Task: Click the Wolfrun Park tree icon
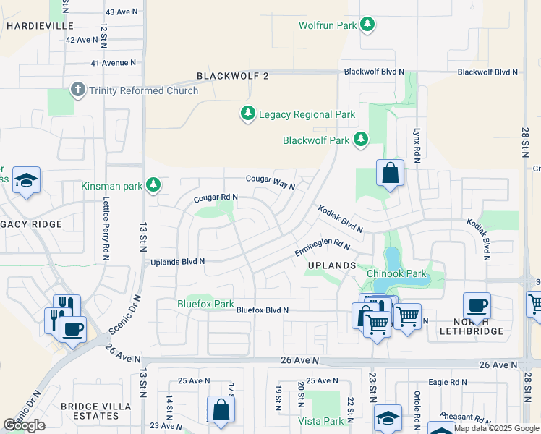pyautogui.click(x=367, y=25)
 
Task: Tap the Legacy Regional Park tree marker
pyautogui.click(x=248, y=114)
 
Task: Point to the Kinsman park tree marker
pyautogui.click(x=153, y=186)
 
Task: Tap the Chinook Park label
pyautogui.click(x=396, y=273)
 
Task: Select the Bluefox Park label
pyautogui.click(x=205, y=305)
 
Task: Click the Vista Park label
pyautogui.click(x=320, y=420)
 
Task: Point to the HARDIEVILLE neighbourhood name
pyautogui.click(x=40, y=25)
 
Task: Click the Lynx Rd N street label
pyautogui.click(x=417, y=145)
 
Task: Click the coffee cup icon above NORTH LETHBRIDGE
pyautogui.click(x=477, y=307)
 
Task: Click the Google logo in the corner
pyautogui.click(x=24, y=425)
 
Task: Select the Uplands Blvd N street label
pyautogui.click(x=177, y=261)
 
